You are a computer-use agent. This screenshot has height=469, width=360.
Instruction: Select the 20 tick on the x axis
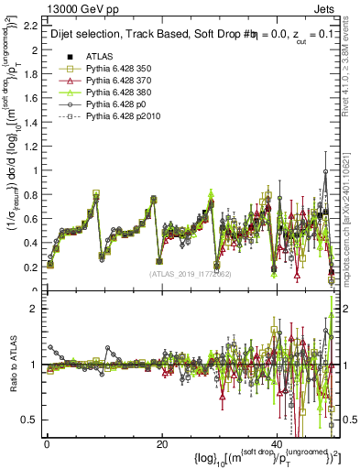(161, 444)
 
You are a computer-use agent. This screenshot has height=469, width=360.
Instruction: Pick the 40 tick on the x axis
(277, 444)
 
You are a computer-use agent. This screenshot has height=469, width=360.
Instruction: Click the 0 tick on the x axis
(46, 444)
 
